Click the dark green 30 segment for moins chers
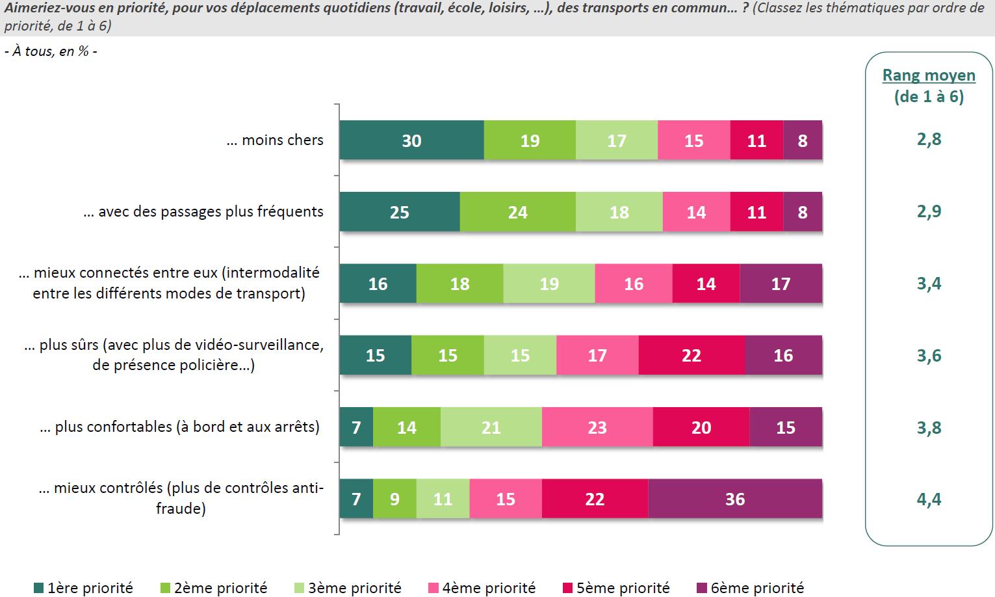pos(411,140)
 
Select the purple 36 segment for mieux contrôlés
pos(735,499)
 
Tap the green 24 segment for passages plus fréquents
pos(517,212)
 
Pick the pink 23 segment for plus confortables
pos(597,427)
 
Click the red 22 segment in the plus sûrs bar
pos(691,355)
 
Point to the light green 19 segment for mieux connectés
pos(549,284)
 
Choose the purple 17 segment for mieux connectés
pos(781,284)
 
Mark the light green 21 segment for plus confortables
pos(491,427)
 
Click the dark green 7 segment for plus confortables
pos(356,427)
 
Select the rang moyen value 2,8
pos(929,139)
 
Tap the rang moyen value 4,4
pos(929,499)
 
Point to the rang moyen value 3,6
pos(929,355)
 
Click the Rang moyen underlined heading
pos(929,75)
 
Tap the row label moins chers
pos(275,140)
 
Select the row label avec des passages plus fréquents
pos(203,211)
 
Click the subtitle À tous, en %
pos(51,51)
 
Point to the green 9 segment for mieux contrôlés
pos(394,499)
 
